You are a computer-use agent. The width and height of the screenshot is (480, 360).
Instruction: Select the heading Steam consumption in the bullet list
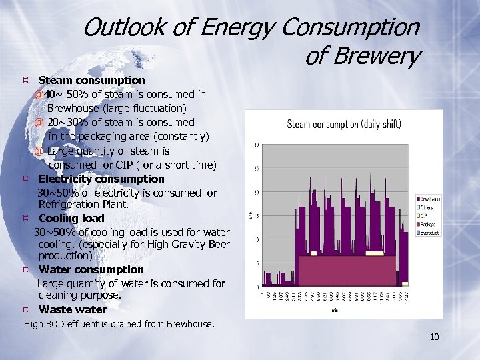click(x=91, y=80)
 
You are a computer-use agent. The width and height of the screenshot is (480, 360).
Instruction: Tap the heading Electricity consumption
click(x=101, y=179)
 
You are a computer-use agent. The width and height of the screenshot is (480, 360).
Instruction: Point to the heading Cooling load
click(x=71, y=218)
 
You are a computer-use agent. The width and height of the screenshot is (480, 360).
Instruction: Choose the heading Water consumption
click(x=91, y=269)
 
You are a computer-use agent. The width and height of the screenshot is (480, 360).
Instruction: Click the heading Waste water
click(x=72, y=309)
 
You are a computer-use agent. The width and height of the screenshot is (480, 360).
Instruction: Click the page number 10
click(x=434, y=337)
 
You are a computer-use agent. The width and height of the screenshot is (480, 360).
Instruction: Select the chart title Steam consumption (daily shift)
click(x=343, y=124)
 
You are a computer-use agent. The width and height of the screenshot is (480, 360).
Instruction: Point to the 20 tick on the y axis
click(x=257, y=193)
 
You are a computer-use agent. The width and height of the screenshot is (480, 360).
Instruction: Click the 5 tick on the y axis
click(x=257, y=263)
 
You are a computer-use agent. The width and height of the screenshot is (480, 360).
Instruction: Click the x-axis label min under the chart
click(x=334, y=309)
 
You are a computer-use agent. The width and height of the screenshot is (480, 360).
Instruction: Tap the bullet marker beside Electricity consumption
click(x=25, y=179)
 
